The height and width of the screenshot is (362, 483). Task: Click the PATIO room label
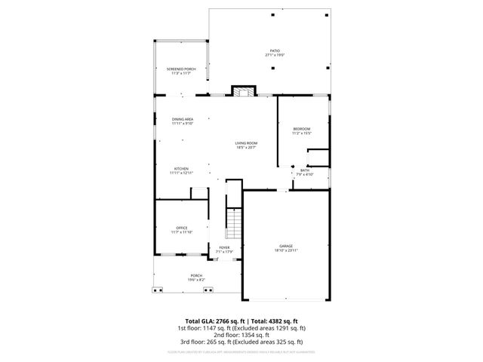click(x=274, y=51)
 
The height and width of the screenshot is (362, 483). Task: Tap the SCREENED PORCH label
click(x=180, y=69)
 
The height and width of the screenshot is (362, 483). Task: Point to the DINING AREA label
click(x=183, y=119)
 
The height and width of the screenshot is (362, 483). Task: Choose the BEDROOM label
click(x=302, y=130)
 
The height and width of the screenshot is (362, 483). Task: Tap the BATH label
click(x=304, y=170)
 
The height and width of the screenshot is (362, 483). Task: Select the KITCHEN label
click(x=181, y=169)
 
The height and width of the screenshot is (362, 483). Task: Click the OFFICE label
click(x=181, y=228)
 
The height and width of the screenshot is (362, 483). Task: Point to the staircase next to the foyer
click(x=235, y=222)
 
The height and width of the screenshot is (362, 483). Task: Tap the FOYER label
click(x=224, y=247)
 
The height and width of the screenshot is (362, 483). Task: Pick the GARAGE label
click(x=286, y=247)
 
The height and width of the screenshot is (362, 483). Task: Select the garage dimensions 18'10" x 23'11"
click(x=286, y=251)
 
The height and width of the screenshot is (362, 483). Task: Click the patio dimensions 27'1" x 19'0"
click(x=274, y=55)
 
